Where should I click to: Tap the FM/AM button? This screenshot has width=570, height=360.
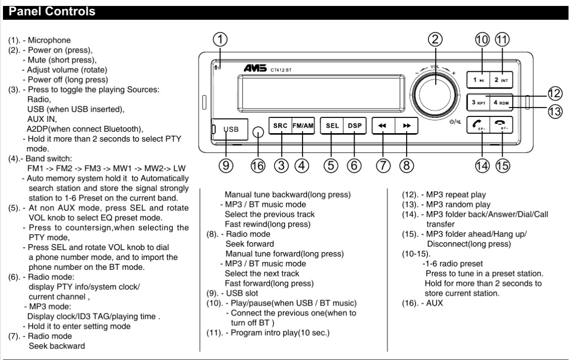tap(302, 126)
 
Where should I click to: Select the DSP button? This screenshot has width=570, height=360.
tap(355, 126)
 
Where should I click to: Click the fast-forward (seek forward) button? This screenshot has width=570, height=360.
tap(407, 126)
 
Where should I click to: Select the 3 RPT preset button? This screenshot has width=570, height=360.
tap(478, 103)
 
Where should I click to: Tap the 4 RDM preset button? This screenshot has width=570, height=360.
tap(501, 103)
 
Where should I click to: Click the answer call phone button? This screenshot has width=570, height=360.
tap(478, 126)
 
